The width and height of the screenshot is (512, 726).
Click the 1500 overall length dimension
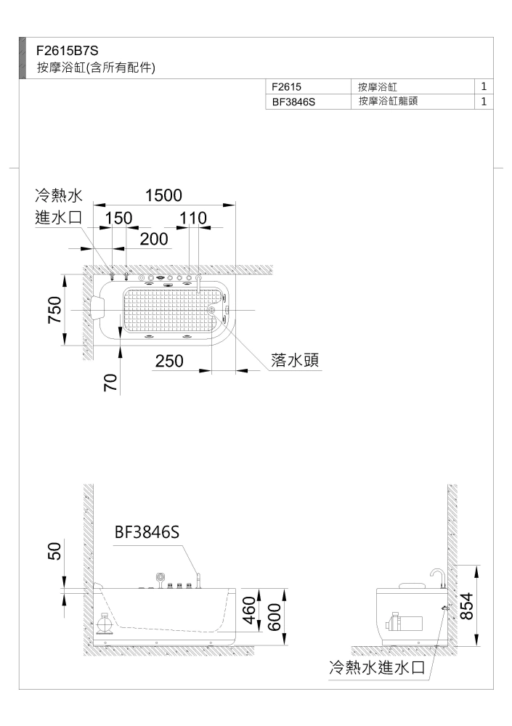163,195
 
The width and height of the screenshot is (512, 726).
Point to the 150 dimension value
118,219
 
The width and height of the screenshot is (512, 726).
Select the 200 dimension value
153,239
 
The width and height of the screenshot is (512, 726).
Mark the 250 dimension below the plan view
168,361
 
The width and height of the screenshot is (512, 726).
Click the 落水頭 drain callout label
297,360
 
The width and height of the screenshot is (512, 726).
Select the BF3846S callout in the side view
147,532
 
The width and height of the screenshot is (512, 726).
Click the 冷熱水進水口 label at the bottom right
376,667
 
